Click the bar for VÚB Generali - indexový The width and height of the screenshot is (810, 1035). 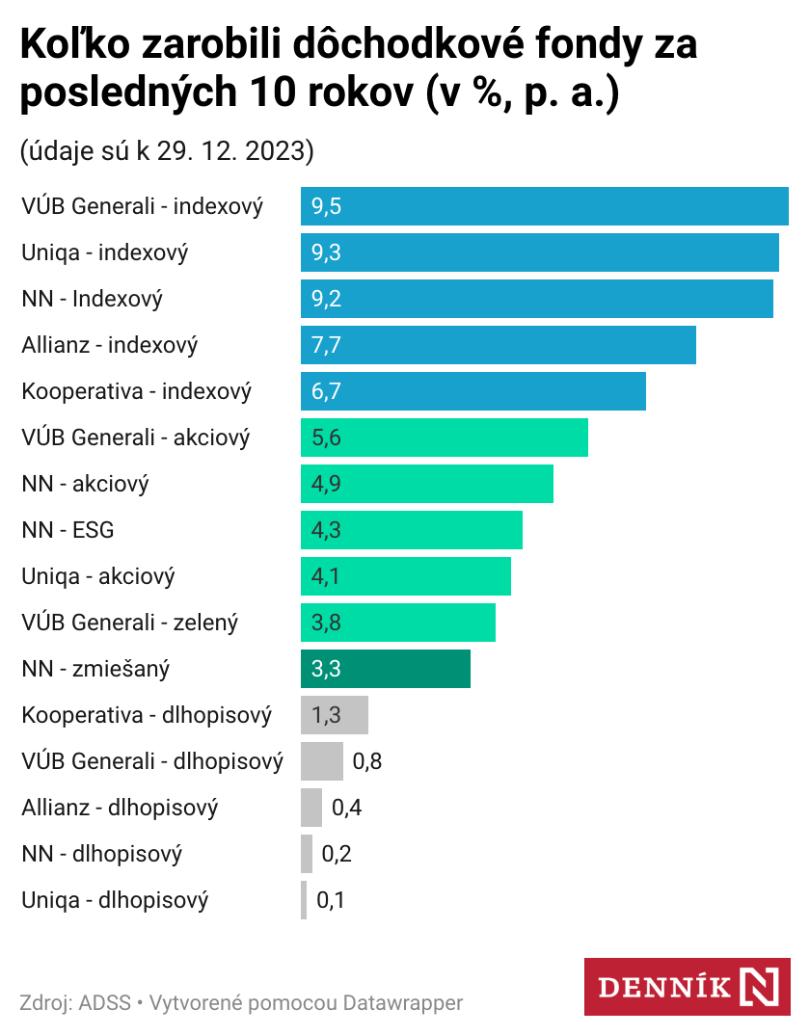click(x=544, y=206)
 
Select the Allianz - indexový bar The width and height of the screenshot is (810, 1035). click(x=498, y=345)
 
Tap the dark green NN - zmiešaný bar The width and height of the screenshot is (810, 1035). click(x=386, y=669)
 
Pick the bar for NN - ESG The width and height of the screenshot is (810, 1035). click(x=412, y=530)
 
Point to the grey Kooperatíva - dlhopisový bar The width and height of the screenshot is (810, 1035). click(x=335, y=715)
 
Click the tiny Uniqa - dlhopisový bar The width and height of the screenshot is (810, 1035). click(x=304, y=900)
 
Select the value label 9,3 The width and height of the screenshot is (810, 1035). click(x=327, y=252)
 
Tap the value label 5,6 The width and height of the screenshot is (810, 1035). click(x=327, y=438)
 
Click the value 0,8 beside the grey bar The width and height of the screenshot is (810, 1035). click(x=367, y=761)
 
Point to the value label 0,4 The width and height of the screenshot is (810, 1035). click(x=346, y=808)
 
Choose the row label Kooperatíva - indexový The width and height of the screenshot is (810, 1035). click(x=136, y=391)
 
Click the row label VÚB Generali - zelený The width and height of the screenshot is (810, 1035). click(x=129, y=623)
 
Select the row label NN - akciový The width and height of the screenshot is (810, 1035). click(x=85, y=484)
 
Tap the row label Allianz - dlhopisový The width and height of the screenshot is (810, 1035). click(x=120, y=808)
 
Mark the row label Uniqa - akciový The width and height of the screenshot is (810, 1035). click(x=98, y=576)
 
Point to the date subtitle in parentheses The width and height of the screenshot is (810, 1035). click(x=167, y=151)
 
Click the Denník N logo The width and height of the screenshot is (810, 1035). click(x=688, y=987)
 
